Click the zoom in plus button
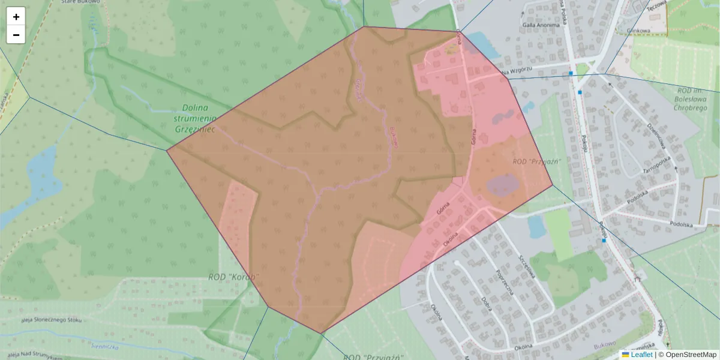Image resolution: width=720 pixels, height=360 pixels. (16, 17)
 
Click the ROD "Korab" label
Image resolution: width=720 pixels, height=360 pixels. (233, 277)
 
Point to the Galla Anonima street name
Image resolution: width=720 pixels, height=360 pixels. (538, 25)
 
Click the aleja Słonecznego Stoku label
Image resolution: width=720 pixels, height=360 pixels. (51, 320)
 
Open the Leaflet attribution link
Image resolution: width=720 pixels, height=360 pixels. (641, 355)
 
